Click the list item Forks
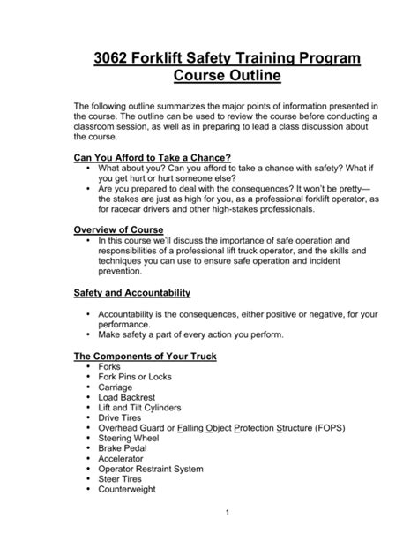110,366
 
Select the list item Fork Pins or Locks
135,377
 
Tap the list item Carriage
117,387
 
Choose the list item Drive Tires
123,419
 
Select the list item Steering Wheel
131,440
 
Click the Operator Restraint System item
152,472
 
